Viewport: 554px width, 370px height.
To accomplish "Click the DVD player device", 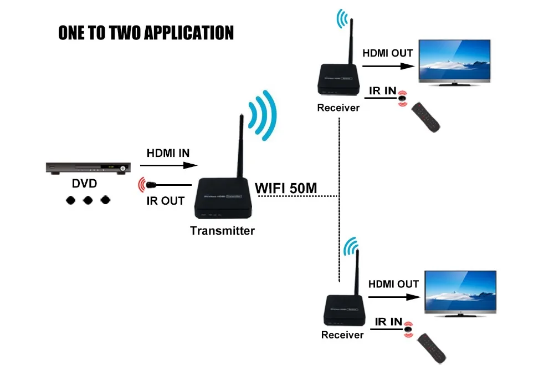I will [88, 168].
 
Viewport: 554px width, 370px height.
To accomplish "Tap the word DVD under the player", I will [84, 184].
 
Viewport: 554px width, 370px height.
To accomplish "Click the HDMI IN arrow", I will [169, 165].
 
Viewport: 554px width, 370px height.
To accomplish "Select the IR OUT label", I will [165, 201].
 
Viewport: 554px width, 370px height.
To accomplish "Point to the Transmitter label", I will [222, 231].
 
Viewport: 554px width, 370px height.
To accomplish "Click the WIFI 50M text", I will [286, 188].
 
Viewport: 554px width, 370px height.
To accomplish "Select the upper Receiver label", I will [338, 108].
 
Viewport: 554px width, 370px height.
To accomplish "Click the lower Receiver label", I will [342, 335].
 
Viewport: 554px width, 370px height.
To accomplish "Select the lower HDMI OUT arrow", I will [394, 297].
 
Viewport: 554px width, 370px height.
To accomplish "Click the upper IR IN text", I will [383, 90].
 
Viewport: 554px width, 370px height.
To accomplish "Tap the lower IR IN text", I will [388, 322].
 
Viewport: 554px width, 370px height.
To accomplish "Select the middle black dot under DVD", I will [87, 199].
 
